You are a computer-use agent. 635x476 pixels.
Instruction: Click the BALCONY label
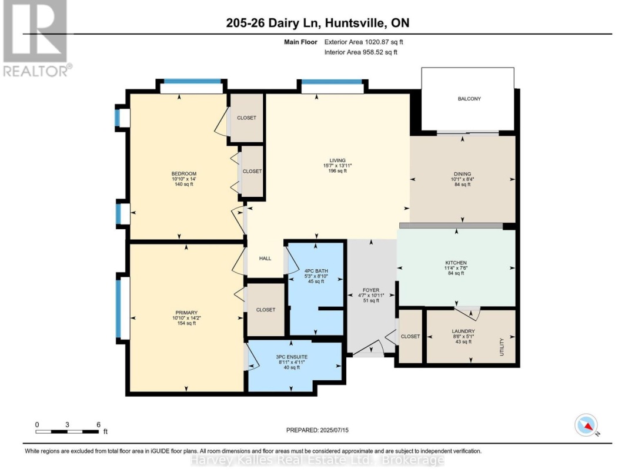tap(469, 99)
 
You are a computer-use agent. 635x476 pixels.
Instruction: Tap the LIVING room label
tap(337, 160)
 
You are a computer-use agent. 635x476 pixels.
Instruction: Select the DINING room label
tap(462, 173)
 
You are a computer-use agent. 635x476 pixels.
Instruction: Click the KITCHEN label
tap(456, 263)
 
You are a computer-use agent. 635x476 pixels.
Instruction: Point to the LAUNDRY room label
tap(464, 331)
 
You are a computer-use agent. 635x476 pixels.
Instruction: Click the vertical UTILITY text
tap(502, 347)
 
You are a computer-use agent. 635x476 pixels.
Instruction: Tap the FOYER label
tap(371, 290)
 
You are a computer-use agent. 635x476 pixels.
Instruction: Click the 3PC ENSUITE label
tap(292, 357)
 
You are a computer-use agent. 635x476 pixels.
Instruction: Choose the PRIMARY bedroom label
tap(186, 313)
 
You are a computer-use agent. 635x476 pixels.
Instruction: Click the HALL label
tap(265, 258)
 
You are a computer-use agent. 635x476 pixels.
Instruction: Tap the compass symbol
tap(586, 425)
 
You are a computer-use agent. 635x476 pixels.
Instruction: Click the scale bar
tap(68, 432)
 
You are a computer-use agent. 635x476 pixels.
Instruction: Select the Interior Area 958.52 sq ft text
tap(361, 52)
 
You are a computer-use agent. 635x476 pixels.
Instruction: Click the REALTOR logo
tap(35, 39)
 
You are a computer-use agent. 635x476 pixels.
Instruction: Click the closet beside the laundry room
tap(410, 337)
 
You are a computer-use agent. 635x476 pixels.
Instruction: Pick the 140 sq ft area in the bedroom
tap(183, 185)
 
